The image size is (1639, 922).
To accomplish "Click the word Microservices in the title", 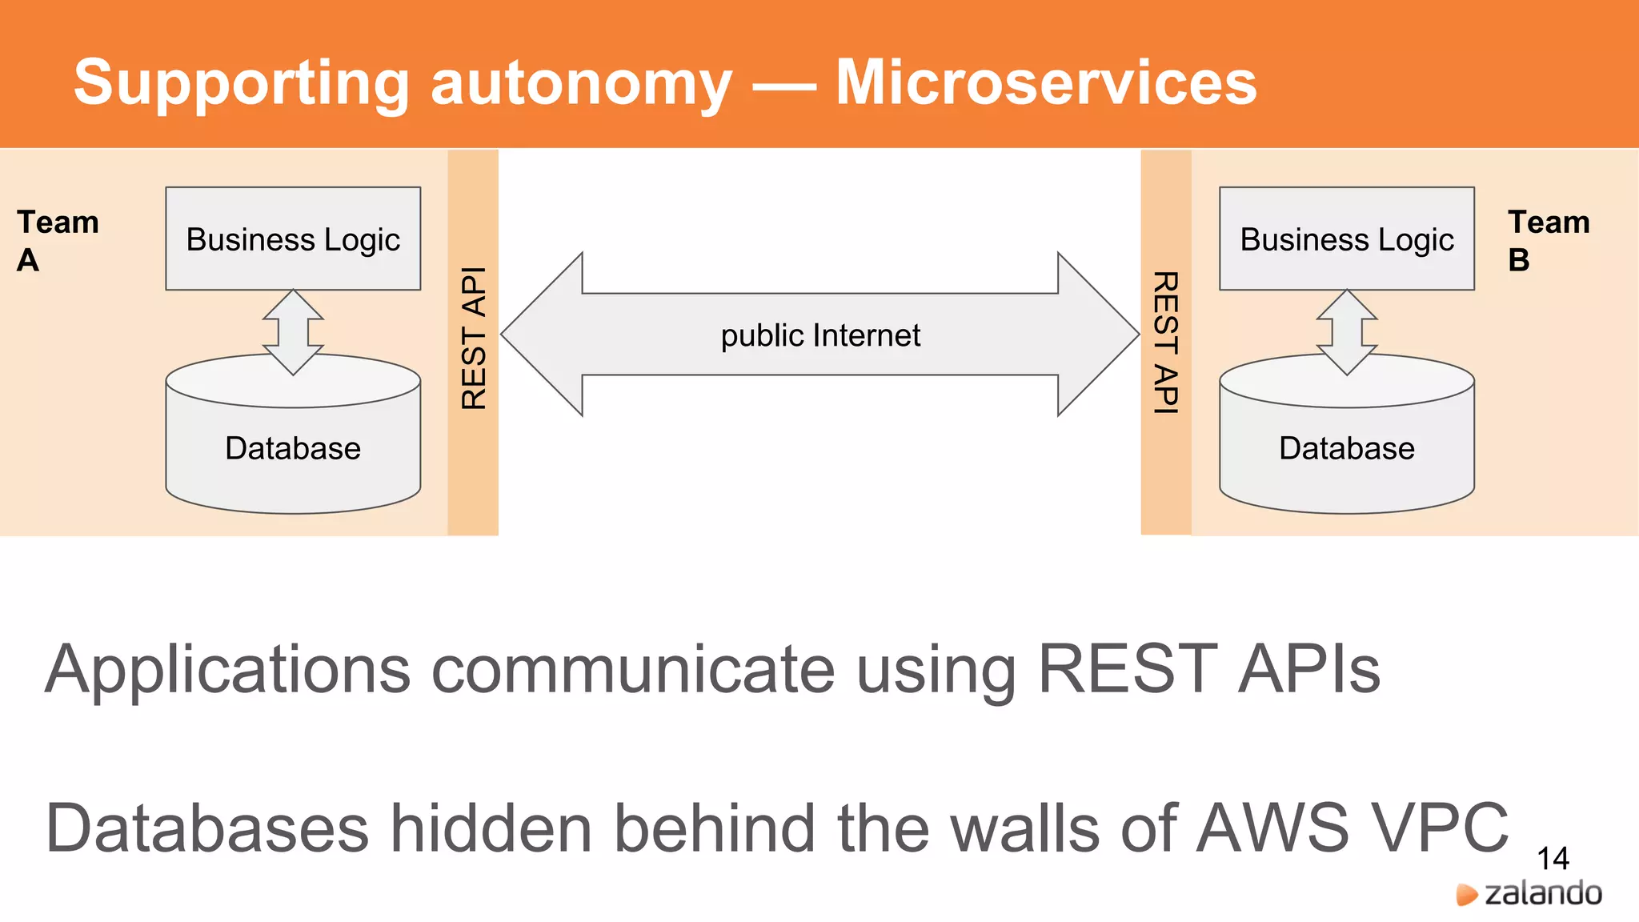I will (1045, 82).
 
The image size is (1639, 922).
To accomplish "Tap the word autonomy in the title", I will (581, 84).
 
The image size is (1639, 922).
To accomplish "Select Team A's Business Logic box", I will (293, 239).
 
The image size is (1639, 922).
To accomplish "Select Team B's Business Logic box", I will (1346, 239).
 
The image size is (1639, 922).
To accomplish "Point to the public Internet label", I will (820, 335).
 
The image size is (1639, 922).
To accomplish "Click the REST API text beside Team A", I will (474, 338).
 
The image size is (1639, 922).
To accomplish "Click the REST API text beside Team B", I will (1165, 343).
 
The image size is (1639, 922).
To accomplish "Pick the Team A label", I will (57, 240).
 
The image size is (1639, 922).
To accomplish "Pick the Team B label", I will (1548, 240).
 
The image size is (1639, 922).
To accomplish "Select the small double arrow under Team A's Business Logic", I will (293, 331).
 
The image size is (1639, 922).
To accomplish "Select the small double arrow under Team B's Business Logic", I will (1346, 331).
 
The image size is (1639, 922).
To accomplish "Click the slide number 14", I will (1553, 859).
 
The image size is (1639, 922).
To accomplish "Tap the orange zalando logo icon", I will (1466, 894).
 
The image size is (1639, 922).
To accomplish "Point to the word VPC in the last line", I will (1437, 828).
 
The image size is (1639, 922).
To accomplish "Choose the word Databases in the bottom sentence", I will (207, 828).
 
